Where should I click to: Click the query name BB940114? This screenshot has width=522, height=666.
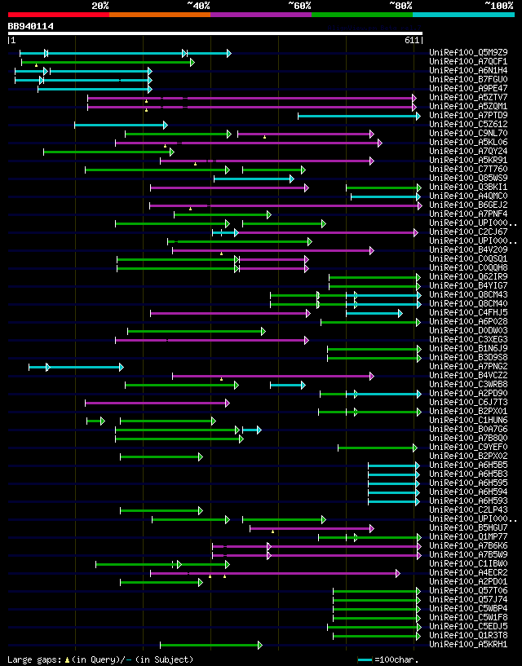[31, 26]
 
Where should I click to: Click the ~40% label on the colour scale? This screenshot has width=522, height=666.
[198, 5]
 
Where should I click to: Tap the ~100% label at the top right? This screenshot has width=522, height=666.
[498, 5]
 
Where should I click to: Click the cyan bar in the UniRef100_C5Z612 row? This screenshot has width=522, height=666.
[120, 125]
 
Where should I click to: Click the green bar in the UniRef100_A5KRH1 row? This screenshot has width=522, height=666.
[210, 645]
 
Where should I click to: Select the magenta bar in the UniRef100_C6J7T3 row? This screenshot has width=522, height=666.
[157, 403]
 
